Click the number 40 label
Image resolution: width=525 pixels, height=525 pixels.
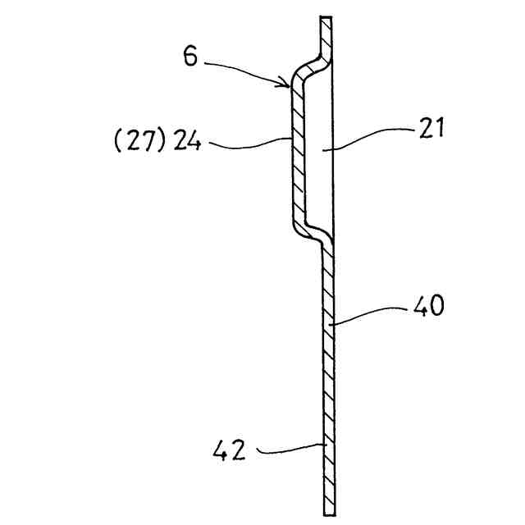427,307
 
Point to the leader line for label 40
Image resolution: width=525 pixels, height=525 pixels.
369,315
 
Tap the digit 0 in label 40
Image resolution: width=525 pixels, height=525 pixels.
436,307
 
